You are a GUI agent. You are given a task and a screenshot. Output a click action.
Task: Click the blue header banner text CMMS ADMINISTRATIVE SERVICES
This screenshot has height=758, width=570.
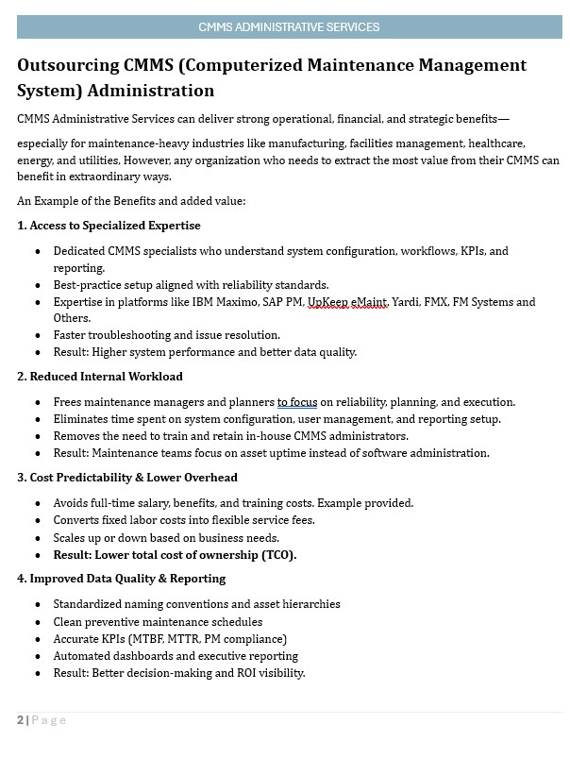[289, 26]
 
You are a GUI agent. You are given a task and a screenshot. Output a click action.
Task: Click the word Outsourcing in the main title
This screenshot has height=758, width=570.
[68, 65]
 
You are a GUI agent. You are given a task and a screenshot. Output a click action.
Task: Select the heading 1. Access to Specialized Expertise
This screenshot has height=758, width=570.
[109, 226]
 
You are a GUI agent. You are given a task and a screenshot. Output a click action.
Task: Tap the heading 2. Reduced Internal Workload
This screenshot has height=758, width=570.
[100, 377]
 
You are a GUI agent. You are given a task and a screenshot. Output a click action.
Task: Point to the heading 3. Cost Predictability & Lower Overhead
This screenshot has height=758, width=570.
[127, 478]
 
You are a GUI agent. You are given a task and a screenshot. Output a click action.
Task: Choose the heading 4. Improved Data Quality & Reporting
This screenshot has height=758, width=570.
[122, 579]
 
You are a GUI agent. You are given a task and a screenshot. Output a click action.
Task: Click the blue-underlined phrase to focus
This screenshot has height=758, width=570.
[296, 402]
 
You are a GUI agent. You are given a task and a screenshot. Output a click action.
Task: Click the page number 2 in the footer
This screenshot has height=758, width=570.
[20, 720]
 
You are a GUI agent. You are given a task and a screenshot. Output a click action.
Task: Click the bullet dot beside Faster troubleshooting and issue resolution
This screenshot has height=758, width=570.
[38, 335]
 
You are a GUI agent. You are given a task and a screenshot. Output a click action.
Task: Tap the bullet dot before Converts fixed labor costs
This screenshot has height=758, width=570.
[38, 521]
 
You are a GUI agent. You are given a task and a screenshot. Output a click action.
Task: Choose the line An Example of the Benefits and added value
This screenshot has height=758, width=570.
[131, 201]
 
